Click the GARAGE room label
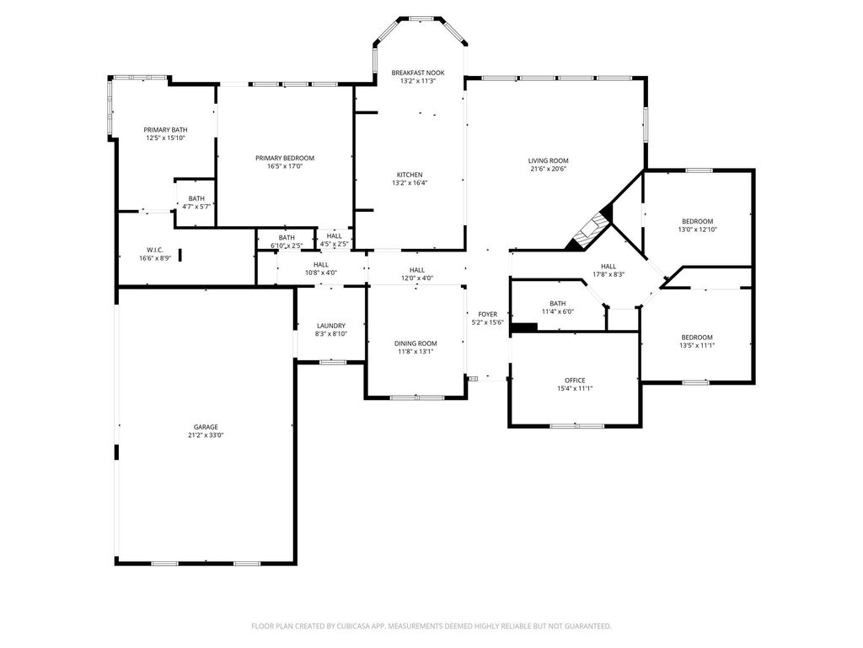click(206, 427)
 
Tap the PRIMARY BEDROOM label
click(285, 158)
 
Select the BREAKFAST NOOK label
click(418, 73)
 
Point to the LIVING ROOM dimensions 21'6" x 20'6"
click(548, 169)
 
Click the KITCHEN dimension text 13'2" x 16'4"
click(410, 183)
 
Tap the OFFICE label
click(575, 381)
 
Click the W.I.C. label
click(155, 250)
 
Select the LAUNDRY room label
click(330, 326)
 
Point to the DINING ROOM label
click(415, 343)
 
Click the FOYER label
click(488, 314)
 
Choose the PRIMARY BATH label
click(166, 130)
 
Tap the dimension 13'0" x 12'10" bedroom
click(697, 229)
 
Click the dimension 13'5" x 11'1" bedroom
click(697, 346)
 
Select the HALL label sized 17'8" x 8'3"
click(608, 266)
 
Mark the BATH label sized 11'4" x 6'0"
click(558, 304)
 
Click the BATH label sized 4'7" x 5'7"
click(196, 198)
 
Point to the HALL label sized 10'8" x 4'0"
click(321, 264)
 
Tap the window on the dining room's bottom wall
click(416, 397)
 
